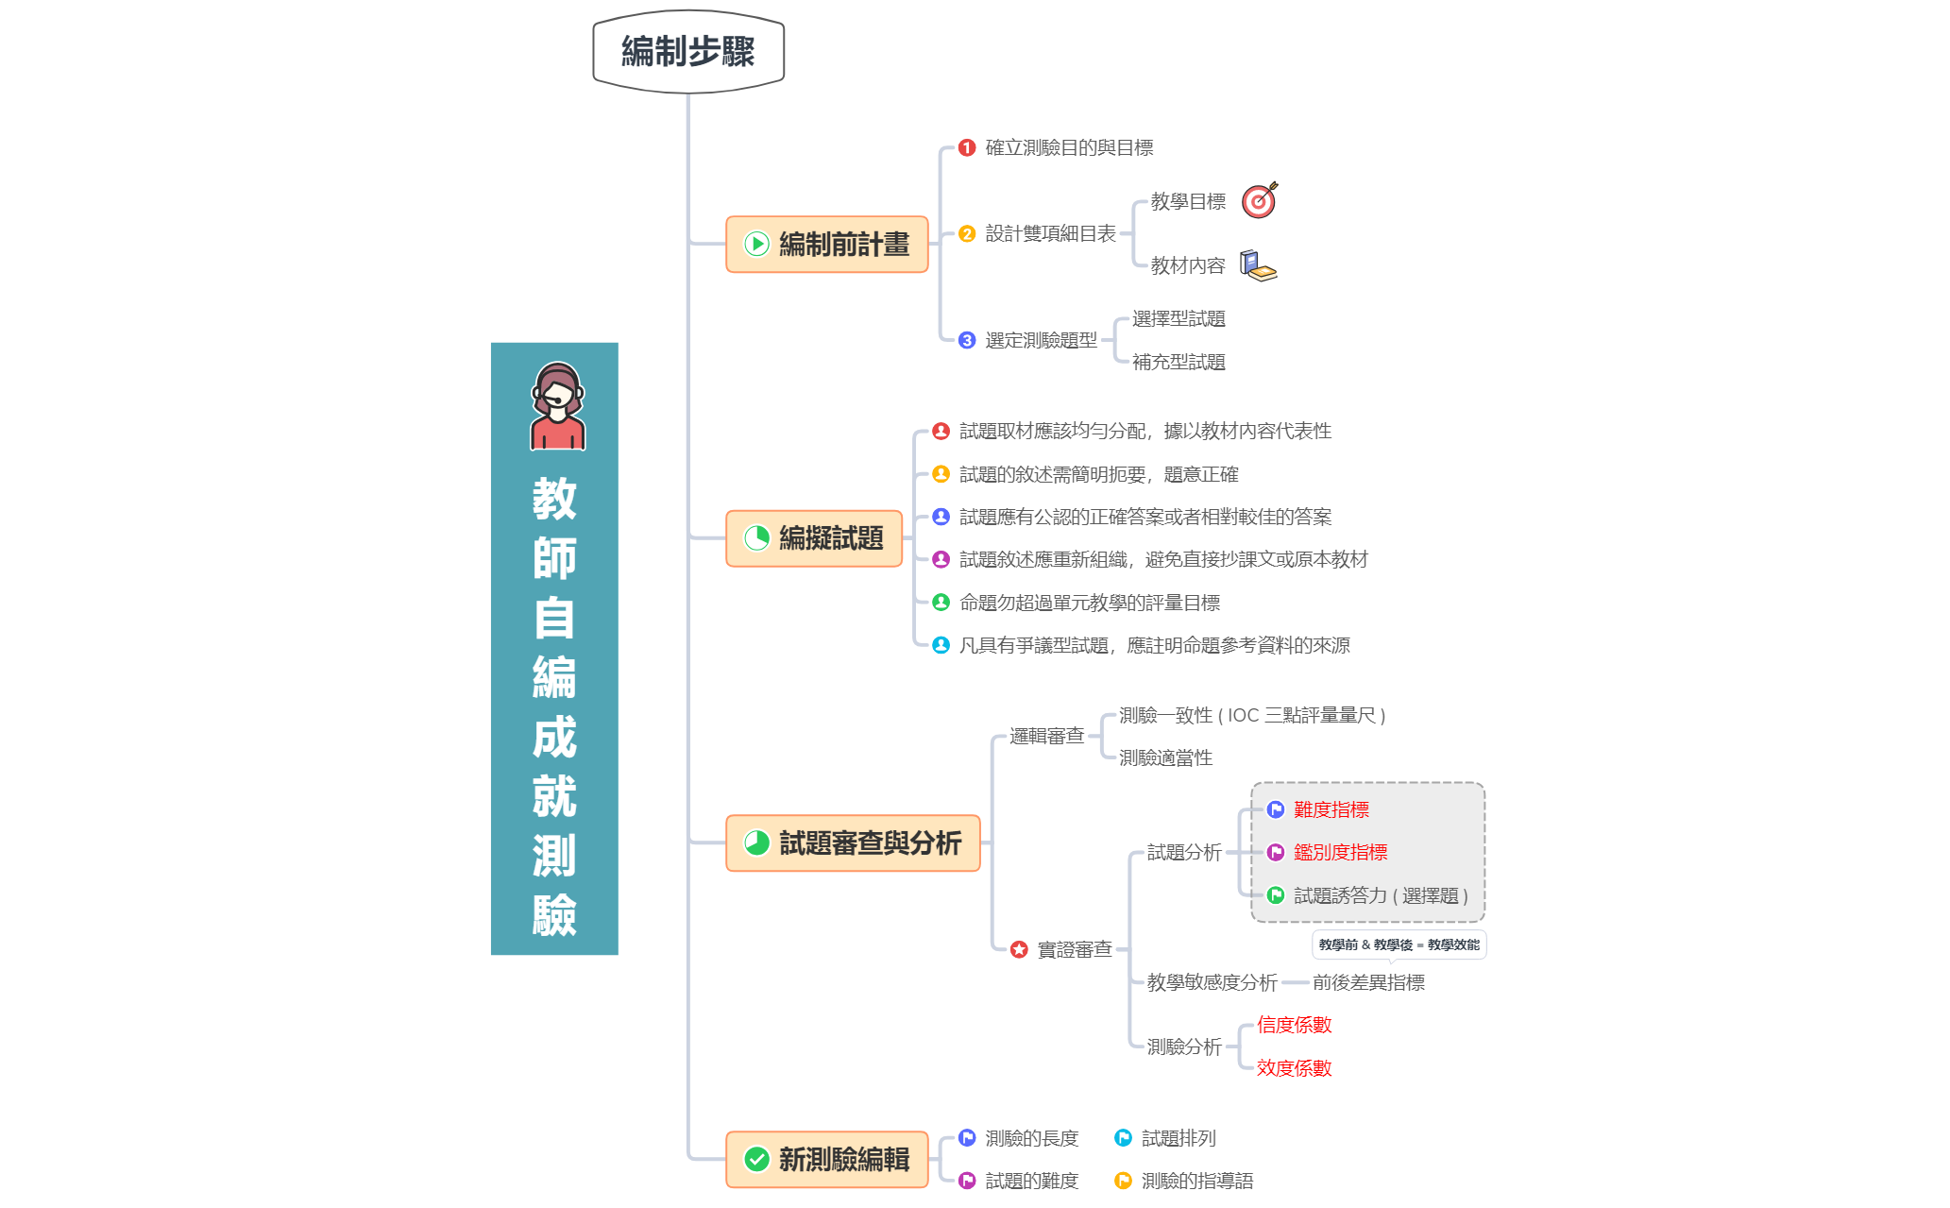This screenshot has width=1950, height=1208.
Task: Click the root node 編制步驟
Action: pyautogui.click(x=688, y=51)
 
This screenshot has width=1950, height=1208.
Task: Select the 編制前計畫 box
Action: pyautogui.click(x=827, y=245)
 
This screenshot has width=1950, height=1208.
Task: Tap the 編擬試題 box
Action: pyautogui.click(x=814, y=538)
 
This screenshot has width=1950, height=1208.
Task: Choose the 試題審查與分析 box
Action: pyautogui.click(x=853, y=842)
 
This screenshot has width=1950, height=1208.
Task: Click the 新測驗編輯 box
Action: pyautogui.click(x=827, y=1159)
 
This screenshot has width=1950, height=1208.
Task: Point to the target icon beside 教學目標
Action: pyautogui.click(x=1259, y=200)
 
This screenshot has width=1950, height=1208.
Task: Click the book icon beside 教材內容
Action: pyautogui.click(x=1258, y=265)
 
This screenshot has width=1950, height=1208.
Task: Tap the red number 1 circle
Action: pyautogui.click(x=967, y=148)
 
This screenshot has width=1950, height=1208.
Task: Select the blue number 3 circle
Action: pyautogui.click(x=967, y=340)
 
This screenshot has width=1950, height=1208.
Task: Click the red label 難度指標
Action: pyautogui.click(x=1331, y=809)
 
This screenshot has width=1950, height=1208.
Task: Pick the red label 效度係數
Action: pyautogui.click(x=1294, y=1068)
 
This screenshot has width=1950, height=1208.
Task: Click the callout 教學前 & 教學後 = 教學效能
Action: pyautogui.click(x=1399, y=944)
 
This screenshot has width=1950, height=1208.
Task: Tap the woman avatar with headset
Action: pyautogui.click(x=557, y=406)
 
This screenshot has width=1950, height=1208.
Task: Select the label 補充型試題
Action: pyautogui.click(x=1178, y=362)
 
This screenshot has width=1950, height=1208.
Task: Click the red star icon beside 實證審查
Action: pyautogui.click(x=1019, y=949)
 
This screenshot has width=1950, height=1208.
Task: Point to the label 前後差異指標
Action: pyautogui.click(x=1368, y=982)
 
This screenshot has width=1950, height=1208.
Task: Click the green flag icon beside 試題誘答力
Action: pyautogui.click(x=1276, y=894)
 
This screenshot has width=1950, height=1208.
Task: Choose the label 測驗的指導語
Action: pyautogui.click(x=1197, y=1181)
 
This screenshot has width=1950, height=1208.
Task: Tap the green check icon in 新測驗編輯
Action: pyautogui.click(x=757, y=1159)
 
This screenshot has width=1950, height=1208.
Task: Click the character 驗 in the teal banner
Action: pyautogui.click(x=554, y=914)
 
